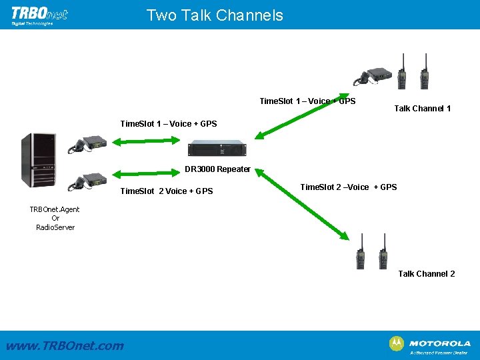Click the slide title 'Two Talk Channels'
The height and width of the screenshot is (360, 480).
point(215,15)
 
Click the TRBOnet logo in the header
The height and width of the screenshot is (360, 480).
point(39,15)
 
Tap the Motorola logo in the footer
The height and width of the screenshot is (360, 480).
point(430,344)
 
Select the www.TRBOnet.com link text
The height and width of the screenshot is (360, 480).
point(65,345)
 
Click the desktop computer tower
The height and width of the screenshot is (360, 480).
point(36,160)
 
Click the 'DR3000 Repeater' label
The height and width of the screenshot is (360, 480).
point(217,169)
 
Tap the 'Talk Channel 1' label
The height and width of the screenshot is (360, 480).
point(422,108)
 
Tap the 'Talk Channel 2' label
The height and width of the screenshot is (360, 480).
point(427,274)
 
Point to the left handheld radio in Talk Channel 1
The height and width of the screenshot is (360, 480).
point(402,72)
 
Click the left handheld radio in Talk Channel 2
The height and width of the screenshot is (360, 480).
point(361,251)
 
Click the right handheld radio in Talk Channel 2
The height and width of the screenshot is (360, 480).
point(383,251)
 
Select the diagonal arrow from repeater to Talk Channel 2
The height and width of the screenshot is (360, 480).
point(304,204)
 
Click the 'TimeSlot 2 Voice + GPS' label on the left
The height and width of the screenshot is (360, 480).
point(166,191)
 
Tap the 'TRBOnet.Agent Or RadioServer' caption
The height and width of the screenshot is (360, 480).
point(55,218)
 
